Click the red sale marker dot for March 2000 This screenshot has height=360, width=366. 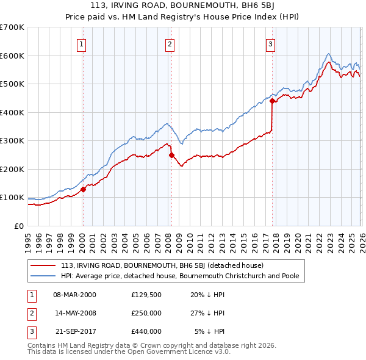click(84, 189)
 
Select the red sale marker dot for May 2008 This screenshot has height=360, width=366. click(171, 155)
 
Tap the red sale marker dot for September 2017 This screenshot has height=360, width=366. click(272, 102)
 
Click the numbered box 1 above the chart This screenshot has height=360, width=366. click(81, 43)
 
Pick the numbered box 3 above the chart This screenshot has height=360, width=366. click(270, 43)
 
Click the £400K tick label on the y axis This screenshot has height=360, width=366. click(12, 112)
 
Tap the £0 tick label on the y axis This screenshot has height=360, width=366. click(18, 226)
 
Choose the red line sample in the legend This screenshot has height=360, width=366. click(43, 266)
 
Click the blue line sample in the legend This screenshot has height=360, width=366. click(43, 276)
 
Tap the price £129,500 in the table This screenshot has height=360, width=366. click(146, 294)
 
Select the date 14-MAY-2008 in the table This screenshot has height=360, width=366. click(75, 313)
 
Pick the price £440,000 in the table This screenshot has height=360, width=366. click(146, 331)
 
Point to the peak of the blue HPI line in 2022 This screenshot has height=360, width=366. click(328, 54)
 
